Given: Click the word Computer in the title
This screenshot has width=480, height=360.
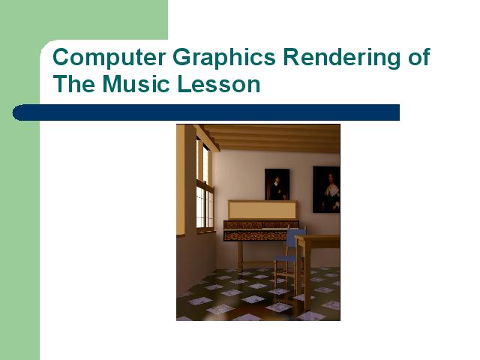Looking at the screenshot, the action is (x=109, y=57).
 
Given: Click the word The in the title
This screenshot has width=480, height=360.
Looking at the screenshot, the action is (x=73, y=83).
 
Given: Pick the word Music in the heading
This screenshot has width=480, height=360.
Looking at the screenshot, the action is (x=136, y=83).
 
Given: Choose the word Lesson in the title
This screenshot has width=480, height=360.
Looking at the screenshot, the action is (x=219, y=83).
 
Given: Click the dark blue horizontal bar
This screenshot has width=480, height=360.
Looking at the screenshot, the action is (x=205, y=112).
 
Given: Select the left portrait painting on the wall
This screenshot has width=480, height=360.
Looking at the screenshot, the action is (x=277, y=184).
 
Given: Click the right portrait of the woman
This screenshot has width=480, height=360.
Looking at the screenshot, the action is (x=326, y=190).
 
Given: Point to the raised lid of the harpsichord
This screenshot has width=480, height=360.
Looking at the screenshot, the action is (x=262, y=210).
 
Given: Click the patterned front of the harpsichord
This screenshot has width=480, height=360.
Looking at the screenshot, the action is (x=257, y=230).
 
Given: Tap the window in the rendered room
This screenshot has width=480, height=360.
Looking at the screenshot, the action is (x=205, y=186).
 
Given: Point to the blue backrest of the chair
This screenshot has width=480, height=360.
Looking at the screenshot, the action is (x=295, y=238).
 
